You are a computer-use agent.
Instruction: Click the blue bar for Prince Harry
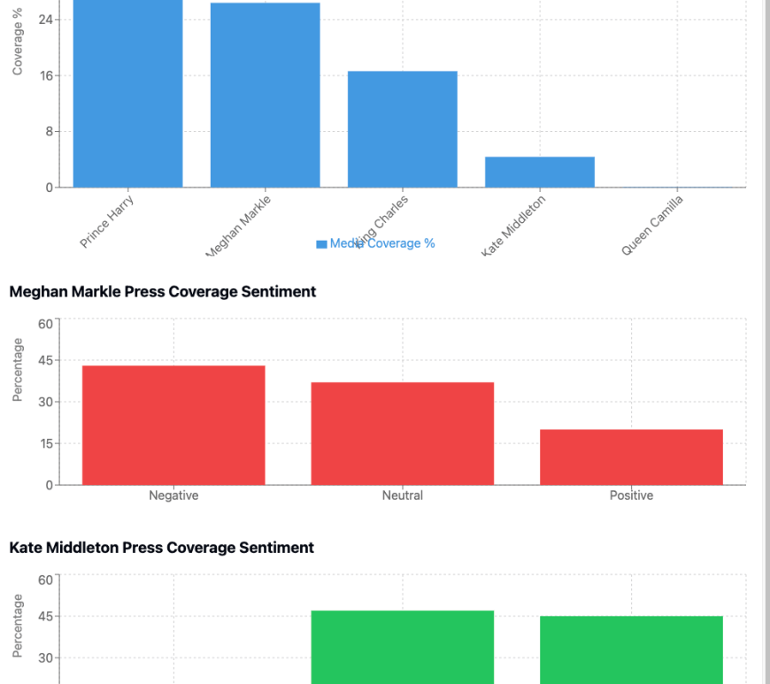coord(127,93)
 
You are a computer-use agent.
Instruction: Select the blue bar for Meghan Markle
coord(265,95)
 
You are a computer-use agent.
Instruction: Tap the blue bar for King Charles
coord(402,129)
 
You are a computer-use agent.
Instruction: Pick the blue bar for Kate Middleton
coord(540,172)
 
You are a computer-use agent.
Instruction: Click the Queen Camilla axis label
coord(652,226)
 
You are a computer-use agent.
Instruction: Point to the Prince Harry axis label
coord(106,222)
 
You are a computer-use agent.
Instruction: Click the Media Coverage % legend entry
coord(375,243)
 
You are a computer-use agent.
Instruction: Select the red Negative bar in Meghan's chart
coord(173,425)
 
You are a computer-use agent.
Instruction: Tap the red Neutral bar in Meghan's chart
coord(403,434)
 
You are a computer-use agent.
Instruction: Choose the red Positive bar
coord(631,457)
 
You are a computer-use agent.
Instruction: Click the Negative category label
coord(173,496)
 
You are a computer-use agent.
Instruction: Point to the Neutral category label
coord(403,496)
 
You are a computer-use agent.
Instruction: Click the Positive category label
coord(631,496)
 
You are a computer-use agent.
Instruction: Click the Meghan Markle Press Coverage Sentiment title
coord(163,291)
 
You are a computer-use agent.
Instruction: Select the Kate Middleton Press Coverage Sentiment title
coord(162,548)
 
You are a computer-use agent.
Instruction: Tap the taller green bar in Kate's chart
coord(403,647)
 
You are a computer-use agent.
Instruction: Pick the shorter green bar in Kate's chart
coord(631,649)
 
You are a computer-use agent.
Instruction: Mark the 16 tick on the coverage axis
coord(43,76)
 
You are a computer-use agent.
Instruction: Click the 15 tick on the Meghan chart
coord(43,443)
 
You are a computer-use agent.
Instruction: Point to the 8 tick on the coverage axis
coord(46,132)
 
